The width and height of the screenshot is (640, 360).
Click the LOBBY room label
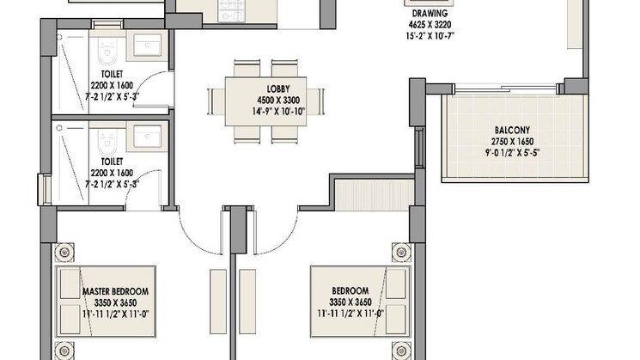coord(278,88)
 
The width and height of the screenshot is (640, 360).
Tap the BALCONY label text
coord(512,131)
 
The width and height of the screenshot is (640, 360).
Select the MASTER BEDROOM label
coord(115,291)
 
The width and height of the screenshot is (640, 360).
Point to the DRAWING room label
coord(430,14)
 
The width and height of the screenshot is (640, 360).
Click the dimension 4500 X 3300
coord(278,100)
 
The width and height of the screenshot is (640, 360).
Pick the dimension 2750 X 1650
coord(512,142)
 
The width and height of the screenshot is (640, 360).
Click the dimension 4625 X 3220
coord(430,25)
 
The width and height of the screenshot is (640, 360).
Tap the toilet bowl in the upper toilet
coord(107,51)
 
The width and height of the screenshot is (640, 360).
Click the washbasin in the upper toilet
coord(147,45)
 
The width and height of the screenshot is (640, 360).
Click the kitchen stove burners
coord(231,10)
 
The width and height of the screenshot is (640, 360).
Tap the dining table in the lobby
coord(265,101)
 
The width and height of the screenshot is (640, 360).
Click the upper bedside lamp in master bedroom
coord(64,253)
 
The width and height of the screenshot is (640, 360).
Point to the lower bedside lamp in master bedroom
coord(64,351)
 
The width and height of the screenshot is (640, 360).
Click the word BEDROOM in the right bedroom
coord(350,291)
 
